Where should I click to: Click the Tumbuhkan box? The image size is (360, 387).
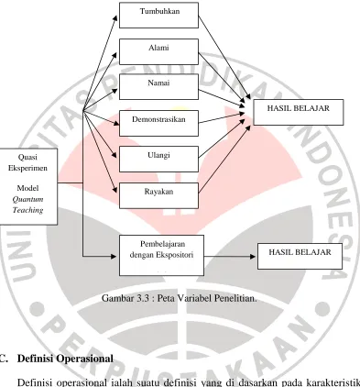click(x=158, y=16)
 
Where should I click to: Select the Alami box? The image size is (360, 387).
click(x=158, y=51)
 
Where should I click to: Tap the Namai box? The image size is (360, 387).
click(x=158, y=87)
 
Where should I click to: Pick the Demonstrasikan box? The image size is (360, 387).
click(x=158, y=123)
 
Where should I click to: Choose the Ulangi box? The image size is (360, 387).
click(x=158, y=159)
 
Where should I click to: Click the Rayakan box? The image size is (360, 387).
click(x=158, y=195)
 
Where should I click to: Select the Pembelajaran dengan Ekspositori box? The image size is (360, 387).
click(x=161, y=255)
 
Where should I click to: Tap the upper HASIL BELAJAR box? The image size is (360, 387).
click(x=299, y=112)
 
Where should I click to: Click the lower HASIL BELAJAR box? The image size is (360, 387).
click(x=300, y=256)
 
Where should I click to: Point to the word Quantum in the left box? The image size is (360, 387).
click(x=27, y=199)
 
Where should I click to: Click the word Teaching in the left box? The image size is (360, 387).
click(x=27, y=210)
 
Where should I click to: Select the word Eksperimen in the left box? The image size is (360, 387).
click(x=27, y=168)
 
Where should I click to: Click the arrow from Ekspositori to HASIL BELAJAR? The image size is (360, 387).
click(x=230, y=257)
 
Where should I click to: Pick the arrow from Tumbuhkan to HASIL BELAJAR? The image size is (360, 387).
click(x=224, y=57)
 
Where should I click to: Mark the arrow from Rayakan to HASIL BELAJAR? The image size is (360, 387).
click(x=224, y=160)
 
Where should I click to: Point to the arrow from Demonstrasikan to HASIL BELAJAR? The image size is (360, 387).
click(x=222, y=118)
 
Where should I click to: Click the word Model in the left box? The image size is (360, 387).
click(x=27, y=188)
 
